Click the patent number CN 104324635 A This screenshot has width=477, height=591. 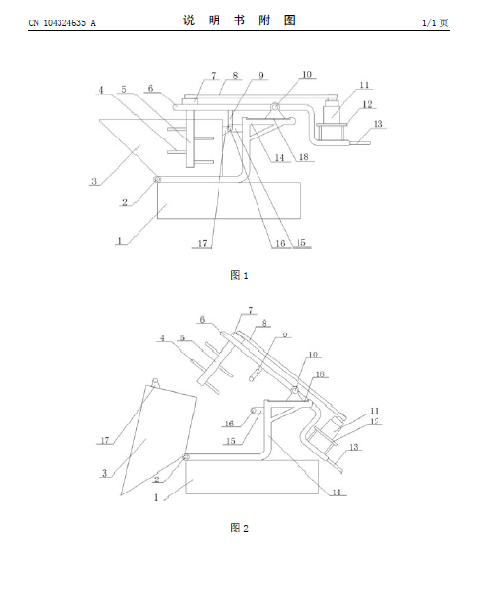click(62, 23)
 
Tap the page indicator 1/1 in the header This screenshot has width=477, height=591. click(429, 23)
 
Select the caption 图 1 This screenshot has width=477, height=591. click(239, 275)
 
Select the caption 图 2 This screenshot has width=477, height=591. click(239, 528)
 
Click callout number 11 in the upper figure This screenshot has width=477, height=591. click(364, 85)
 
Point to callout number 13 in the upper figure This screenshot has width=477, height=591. click(378, 124)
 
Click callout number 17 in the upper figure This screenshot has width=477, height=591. click(203, 243)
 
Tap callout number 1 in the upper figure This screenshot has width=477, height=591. click(120, 241)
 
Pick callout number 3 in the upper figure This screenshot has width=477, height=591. click(94, 181)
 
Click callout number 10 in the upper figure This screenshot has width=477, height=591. click(307, 75)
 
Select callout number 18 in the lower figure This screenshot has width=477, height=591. click(320, 374)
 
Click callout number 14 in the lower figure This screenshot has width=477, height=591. click(337, 492)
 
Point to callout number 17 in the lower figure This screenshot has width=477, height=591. click(105, 440)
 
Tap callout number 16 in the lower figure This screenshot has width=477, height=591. click(229, 423)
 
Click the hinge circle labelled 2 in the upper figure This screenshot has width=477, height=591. click(156, 179)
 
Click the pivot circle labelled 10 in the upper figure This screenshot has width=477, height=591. click(276, 107)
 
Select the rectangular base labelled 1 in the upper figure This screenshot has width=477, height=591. click(229, 201)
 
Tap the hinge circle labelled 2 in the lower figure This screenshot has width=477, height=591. click(186, 457)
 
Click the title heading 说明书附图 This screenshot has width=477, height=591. click(239, 20)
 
